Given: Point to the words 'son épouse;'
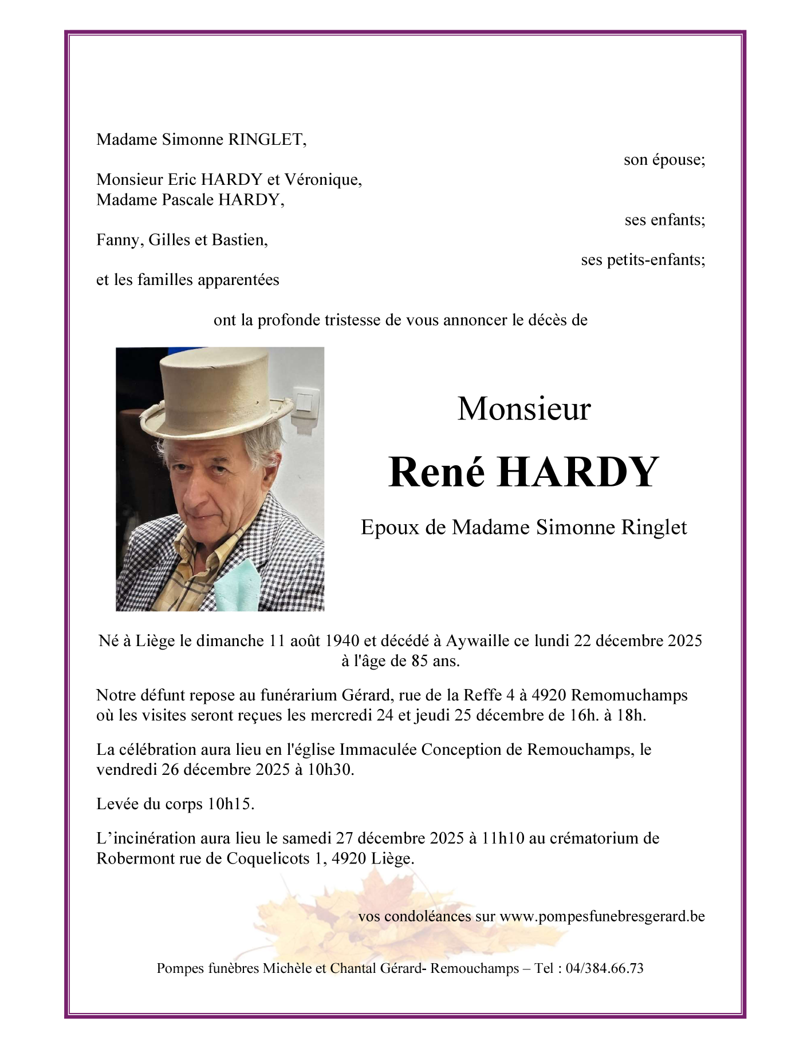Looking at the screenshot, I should coord(664,160).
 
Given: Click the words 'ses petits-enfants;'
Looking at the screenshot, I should coord(643,260).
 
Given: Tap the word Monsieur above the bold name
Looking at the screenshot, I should coord(523,409).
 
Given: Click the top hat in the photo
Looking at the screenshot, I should coord(216,395).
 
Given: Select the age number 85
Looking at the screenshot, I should coord(419,661).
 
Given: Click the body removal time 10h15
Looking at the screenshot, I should coord(230,804).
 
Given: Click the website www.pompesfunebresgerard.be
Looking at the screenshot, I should coord(602,916).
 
